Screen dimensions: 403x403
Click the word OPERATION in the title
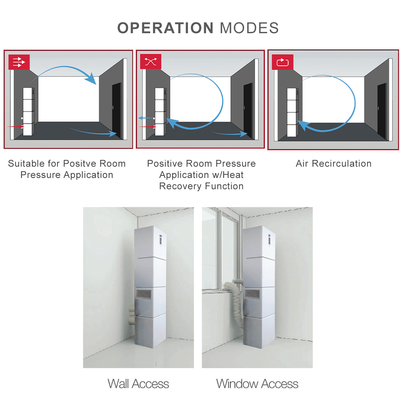[x=165, y=28]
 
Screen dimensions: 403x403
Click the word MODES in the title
[x=249, y=28]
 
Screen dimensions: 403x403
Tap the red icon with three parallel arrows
[x=19, y=62]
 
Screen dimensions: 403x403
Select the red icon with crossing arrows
[x=151, y=62]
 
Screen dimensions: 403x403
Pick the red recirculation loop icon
[x=282, y=62]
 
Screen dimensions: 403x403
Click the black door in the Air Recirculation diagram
[x=382, y=111]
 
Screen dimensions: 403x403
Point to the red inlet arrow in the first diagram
[x=15, y=126]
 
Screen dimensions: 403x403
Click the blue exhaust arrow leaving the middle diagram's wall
[x=146, y=118]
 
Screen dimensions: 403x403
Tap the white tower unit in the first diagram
[x=29, y=112]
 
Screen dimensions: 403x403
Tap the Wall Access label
[x=138, y=384]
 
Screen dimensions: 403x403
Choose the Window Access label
[x=257, y=384]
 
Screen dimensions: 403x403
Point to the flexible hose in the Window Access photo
[x=235, y=301]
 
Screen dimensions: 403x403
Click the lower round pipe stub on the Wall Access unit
[x=132, y=319]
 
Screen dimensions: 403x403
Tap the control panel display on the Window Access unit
[x=270, y=240]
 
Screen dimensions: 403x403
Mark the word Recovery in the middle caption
[x=181, y=186]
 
